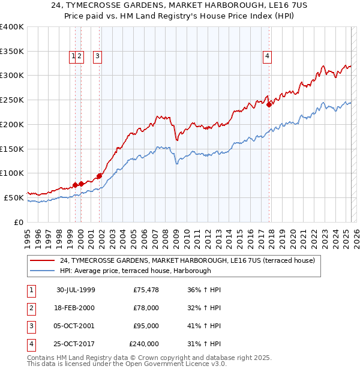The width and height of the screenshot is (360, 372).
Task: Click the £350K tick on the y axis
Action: click(12, 52)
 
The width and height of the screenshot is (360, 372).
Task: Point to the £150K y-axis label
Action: click(12, 149)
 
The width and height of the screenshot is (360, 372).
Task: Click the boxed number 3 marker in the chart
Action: click(97, 57)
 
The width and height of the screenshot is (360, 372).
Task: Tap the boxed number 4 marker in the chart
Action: click(267, 57)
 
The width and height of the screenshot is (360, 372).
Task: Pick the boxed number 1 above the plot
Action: click(73, 57)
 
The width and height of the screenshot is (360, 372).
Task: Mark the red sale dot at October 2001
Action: click(99, 175)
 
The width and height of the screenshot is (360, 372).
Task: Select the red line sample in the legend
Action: click(43, 260)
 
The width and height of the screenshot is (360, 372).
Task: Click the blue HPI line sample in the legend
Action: click(43, 271)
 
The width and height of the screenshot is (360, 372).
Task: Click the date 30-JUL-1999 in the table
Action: click(76, 290)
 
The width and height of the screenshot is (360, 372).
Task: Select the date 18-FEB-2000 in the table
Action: click(76, 308)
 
